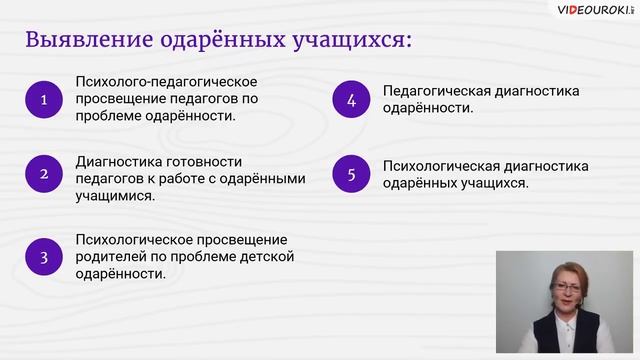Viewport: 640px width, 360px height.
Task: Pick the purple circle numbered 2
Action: pyautogui.click(x=44, y=174)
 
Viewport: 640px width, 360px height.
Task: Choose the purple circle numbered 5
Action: pyautogui.click(x=351, y=174)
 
